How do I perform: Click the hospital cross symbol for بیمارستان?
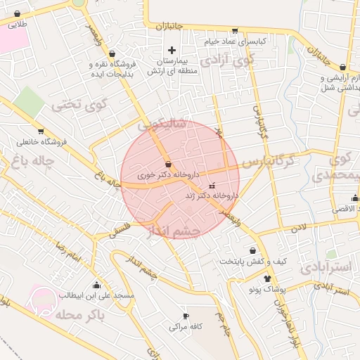(172, 50)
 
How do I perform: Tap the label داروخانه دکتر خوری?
(169, 174)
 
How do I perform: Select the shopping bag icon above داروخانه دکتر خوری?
(167, 164)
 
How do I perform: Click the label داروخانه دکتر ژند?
(212, 195)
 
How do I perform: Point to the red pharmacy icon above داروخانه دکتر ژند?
(212, 186)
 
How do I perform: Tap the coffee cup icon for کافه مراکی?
(186, 316)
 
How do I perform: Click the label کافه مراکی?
(186, 327)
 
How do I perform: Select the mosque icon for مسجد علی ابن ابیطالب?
(96, 285)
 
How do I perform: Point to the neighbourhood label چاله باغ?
(29, 163)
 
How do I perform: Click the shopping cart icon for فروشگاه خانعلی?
(41, 131)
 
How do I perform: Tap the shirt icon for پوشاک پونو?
(267, 279)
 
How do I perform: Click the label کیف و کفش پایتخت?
(253, 262)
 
